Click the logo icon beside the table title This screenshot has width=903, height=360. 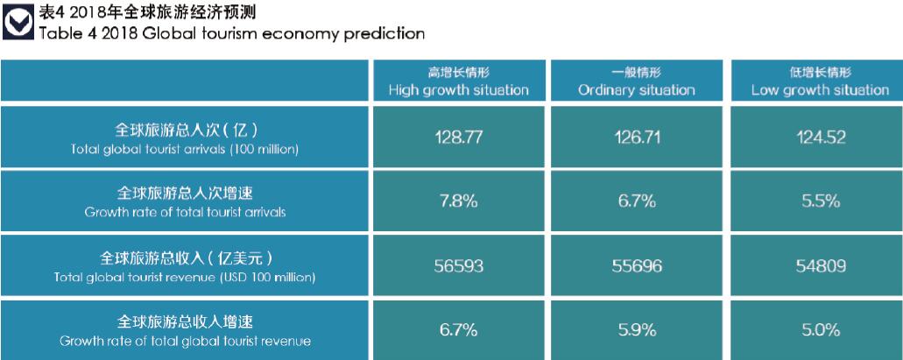pyautogui.click(x=18, y=21)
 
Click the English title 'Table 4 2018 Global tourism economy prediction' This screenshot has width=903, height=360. pyautogui.click(x=231, y=32)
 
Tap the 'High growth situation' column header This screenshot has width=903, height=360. pyautogui.click(x=458, y=81)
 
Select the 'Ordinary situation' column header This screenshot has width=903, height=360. pyautogui.click(x=637, y=81)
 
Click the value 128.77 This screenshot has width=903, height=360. pyautogui.click(x=458, y=138)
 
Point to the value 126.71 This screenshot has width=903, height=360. pyautogui.click(x=637, y=138)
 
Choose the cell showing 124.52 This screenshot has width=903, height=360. pyautogui.click(x=822, y=138)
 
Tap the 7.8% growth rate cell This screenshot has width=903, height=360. pyautogui.click(x=458, y=201)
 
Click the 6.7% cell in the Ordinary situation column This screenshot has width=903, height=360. pyautogui.click(x=637, y=201)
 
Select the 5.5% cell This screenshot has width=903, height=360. pyautogui.click(x=822, y=201)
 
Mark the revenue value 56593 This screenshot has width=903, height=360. pyautogui.click(x=458, y=265)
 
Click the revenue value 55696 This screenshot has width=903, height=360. pyautogui.click(x=637, y=265)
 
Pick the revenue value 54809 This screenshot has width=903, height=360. pyautogui.click(x=822, y=265)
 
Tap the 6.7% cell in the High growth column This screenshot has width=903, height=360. pyautogui.click(x=458, y=330)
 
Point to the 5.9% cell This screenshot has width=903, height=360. pyautogui.click(x=637, y=330)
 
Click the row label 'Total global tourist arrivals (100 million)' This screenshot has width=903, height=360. pyautogui.click(x=185, y=149)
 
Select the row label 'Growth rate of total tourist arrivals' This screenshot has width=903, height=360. pyautogui.click(x=185, y=212)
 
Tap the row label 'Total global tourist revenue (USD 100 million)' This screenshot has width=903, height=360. pyautogui.click(x=185, y=277)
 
